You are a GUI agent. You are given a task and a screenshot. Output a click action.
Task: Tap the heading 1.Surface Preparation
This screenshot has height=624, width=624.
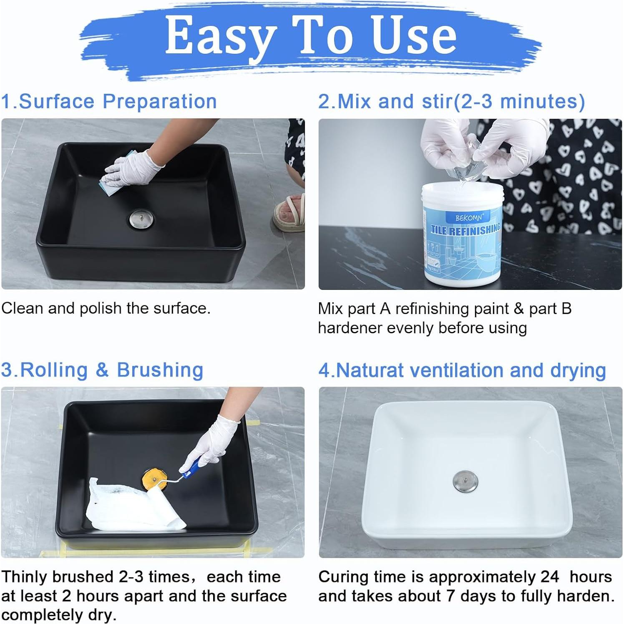(x=109, y=101)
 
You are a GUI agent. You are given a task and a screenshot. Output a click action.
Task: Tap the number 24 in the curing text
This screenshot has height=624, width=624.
(x=550, y=577)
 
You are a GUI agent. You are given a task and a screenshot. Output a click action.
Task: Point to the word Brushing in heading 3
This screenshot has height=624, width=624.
(x=160, y=370)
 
